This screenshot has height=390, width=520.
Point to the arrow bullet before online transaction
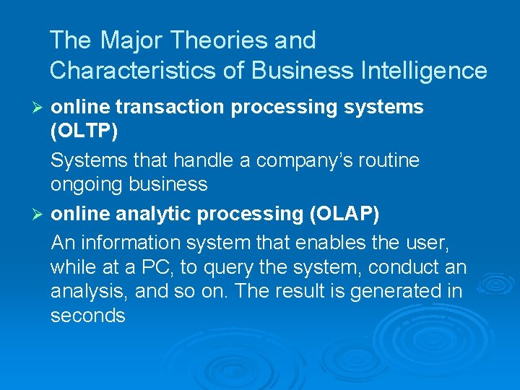[x=40, y=107]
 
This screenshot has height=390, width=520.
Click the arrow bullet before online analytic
[x=40, y=214]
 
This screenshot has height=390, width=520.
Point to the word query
[x=230, y=268]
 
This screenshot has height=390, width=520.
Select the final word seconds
[x=88, y=316]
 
